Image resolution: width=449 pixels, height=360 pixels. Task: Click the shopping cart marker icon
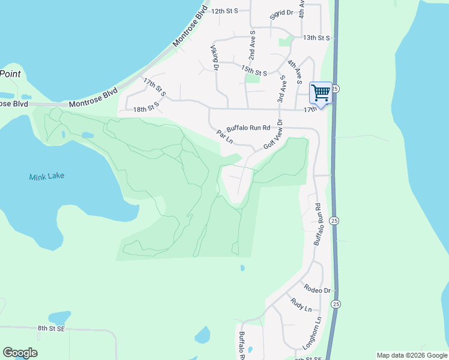tap(321, 93)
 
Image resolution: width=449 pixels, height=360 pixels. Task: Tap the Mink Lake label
tap(47, 176)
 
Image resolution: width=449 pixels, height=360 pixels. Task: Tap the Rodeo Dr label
tap(318, 290)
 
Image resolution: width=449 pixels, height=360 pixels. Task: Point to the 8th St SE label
tap(51, 328)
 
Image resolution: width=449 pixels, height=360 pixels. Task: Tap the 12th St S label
tap(224, 11)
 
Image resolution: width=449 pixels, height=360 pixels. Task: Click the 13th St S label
tap(316, 38)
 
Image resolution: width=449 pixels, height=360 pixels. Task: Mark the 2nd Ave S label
tap(253, 45)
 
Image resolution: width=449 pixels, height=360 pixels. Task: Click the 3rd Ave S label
tap(280, 89)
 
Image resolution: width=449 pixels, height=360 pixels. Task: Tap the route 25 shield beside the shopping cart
tap(336, 88)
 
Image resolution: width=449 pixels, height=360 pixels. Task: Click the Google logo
tap(20, 353)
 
